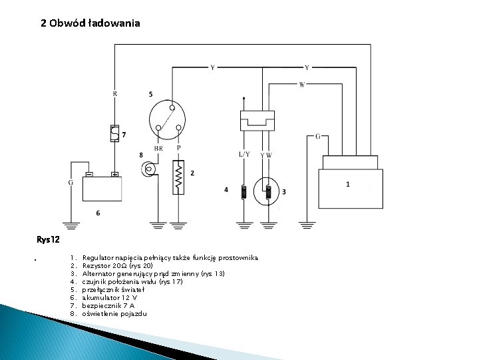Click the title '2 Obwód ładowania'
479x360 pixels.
pos(90,23)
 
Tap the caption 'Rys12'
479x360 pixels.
pos(49,239)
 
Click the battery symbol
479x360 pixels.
pos(102,188)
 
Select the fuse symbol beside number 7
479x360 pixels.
pos(114,133)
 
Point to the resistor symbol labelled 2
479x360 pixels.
pos(178,177)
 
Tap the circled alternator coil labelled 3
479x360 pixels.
pos(268,192)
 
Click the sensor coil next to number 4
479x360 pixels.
pos(244,192)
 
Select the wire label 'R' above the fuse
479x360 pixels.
pos(115,94)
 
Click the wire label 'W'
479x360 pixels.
pos(302,85)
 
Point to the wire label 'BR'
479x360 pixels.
pos(159,149)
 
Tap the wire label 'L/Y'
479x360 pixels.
pos(244,154)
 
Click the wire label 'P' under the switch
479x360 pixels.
pos(178,148)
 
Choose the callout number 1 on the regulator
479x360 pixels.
pos(347,184)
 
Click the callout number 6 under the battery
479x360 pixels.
pos(98,213)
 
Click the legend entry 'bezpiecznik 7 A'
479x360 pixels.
pos(108,306)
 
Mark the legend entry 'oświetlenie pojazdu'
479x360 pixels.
pos(114,314)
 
